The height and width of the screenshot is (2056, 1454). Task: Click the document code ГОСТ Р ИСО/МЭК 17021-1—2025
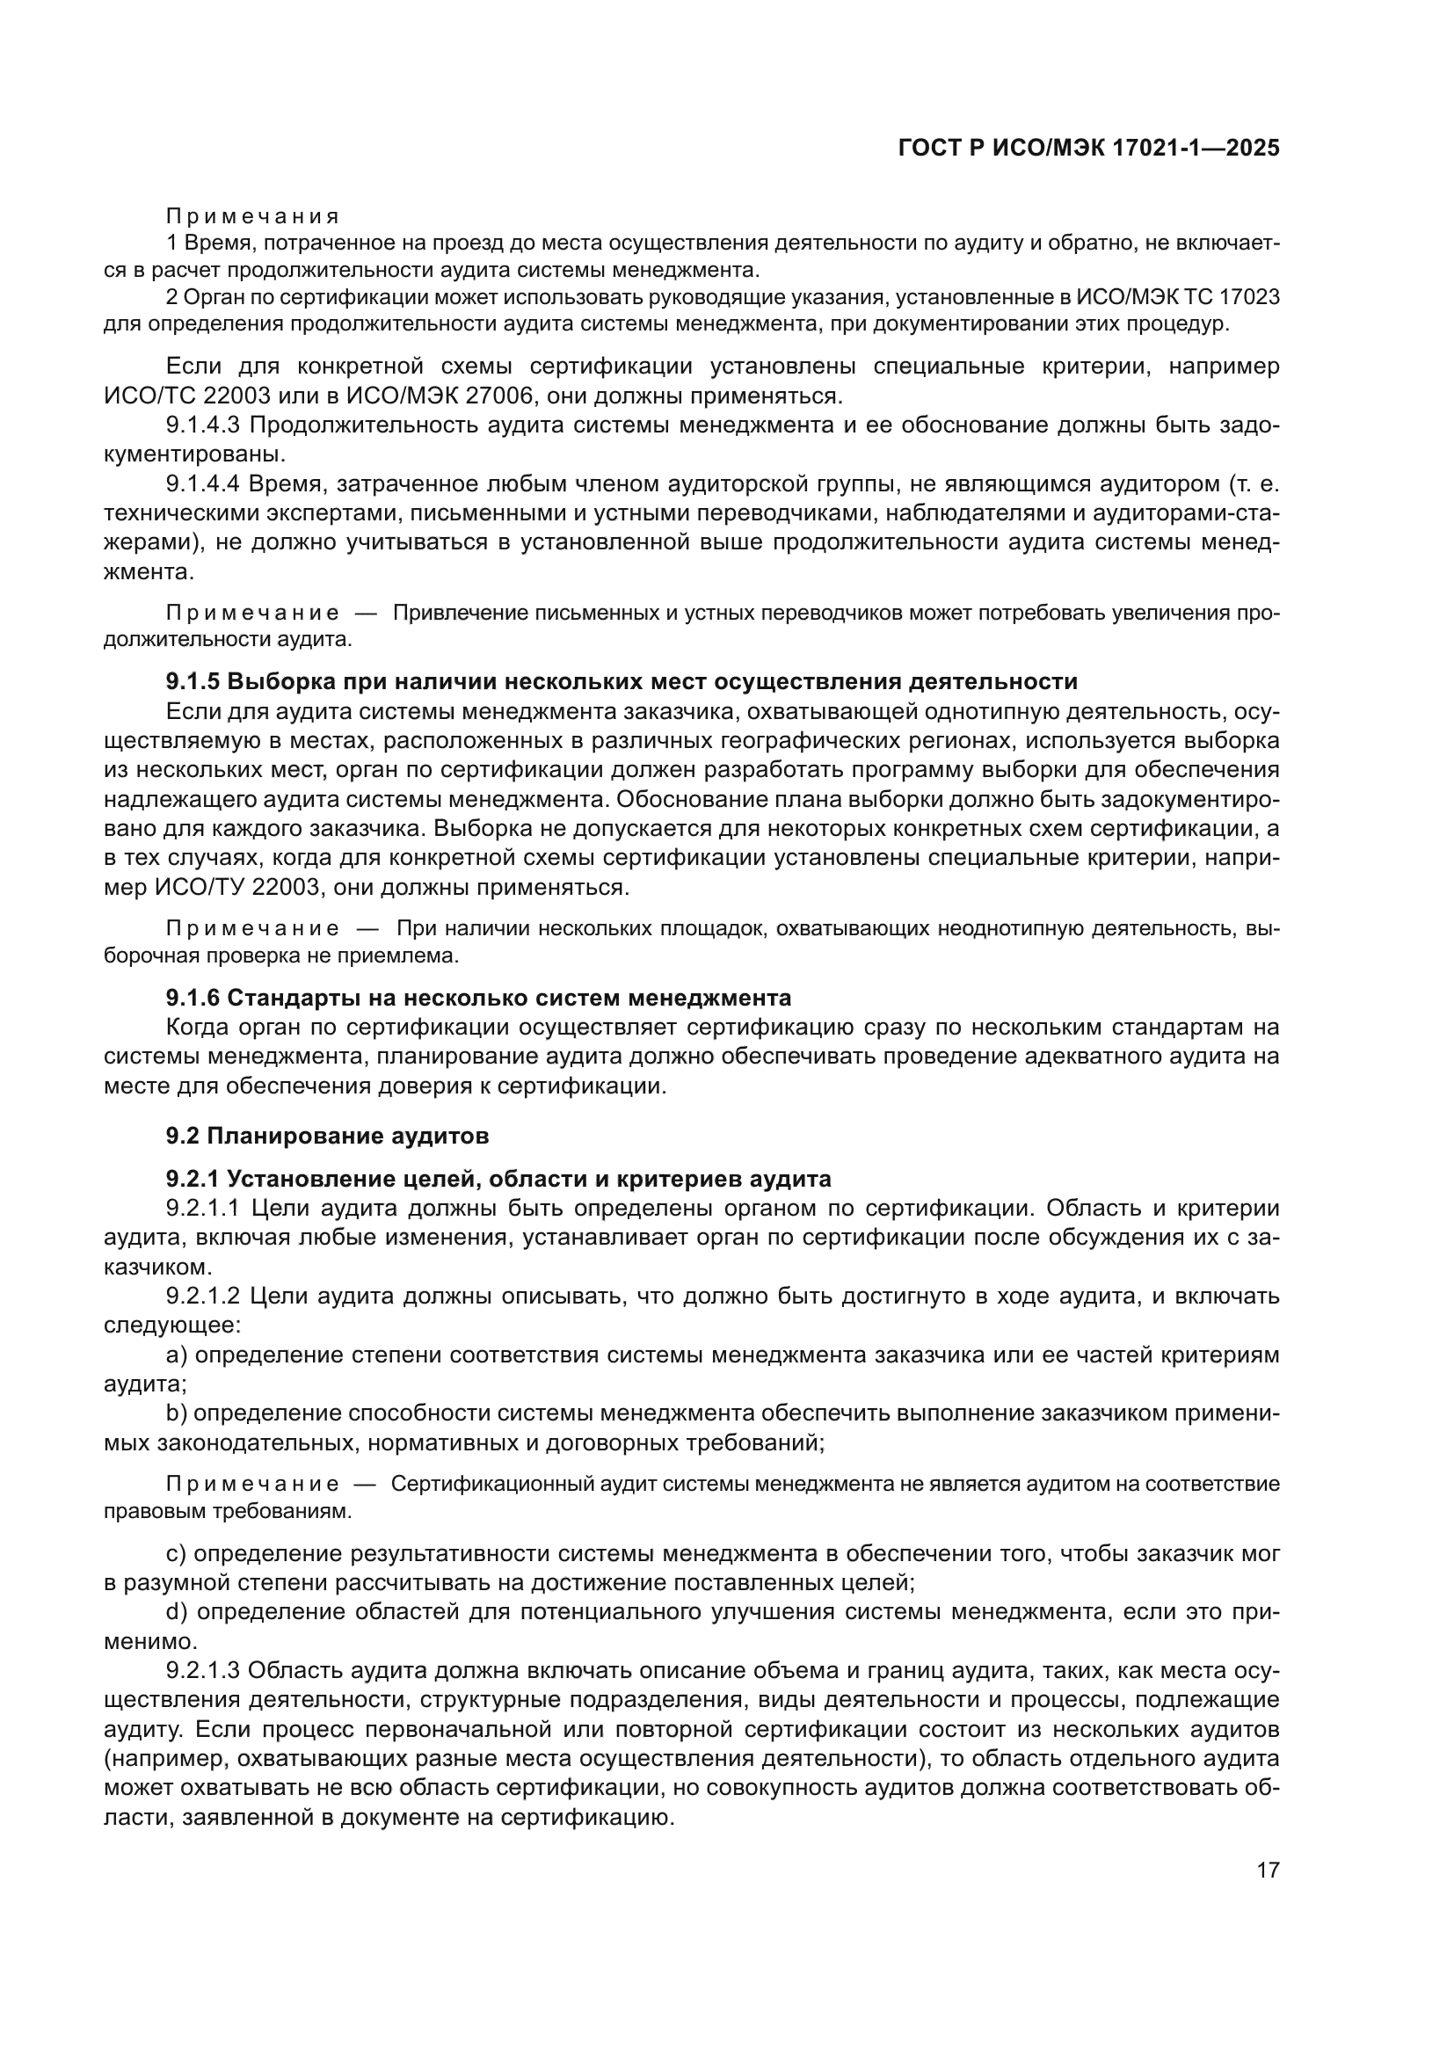click(x=1087, y=149)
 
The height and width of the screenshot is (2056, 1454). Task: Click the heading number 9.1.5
click(x=193, y=681)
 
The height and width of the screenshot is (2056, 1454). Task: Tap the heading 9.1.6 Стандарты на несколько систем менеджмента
click(x=478, y=998)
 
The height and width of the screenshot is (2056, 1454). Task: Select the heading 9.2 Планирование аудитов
click(x=327, y=1137)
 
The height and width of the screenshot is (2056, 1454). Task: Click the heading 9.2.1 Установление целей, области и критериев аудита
click(x=498, y=1179)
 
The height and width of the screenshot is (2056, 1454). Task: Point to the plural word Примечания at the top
click(x=252, y=217)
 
